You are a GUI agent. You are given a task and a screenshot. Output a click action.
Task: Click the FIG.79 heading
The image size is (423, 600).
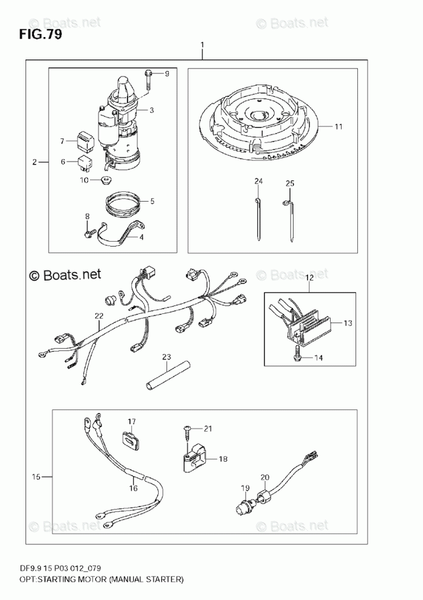[x=40, y=35]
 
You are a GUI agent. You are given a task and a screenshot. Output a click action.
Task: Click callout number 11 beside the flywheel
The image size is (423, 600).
[x=339, y=126]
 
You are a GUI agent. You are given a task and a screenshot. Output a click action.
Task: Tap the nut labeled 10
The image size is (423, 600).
[x=107, y=179]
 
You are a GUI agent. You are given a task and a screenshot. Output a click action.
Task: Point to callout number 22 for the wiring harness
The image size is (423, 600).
[x=98, y=315]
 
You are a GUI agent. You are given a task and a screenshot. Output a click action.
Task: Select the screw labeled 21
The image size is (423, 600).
[x=187, y=431]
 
